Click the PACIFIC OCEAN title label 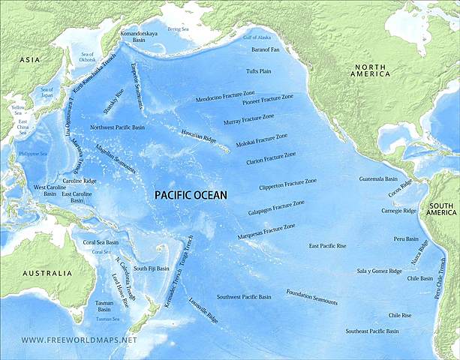pos(191,194)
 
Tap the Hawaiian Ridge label pos(198,136)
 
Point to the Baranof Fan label pos(266,49)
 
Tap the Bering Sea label pos(179,28)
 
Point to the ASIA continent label pos(30,59)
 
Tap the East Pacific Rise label pos(327,246)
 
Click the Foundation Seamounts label pos(312,298)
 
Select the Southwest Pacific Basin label pos(244,297)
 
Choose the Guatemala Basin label pos(377,179)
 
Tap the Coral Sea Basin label pos(101,243)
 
